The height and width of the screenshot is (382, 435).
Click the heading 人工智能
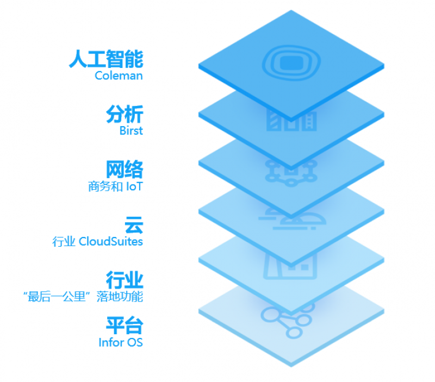coord(106,59)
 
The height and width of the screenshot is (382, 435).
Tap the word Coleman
coord(119,76)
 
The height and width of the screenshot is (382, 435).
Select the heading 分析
coord(125,114)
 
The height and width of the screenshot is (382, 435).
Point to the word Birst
coord(131,130)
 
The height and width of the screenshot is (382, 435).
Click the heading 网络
coord(125,169)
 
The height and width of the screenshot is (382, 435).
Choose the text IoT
coord(134,186)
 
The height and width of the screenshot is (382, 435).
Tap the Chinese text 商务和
coord(105,186)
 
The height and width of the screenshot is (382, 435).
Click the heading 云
coord(134,225)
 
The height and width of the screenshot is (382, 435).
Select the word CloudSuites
coord(111,241)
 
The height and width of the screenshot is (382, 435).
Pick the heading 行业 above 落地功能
coord(125,280)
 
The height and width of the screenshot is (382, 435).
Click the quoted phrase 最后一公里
coord(57,297)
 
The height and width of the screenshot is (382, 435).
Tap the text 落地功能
coord(120,297)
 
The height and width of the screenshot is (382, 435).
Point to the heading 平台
coord(125,325)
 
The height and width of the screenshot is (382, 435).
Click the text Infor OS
coord(121,342)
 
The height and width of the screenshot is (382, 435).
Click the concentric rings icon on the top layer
coord(291,62)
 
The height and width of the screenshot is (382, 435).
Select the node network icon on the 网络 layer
coord(291,172)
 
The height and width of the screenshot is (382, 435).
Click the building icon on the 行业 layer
coord(290,266)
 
